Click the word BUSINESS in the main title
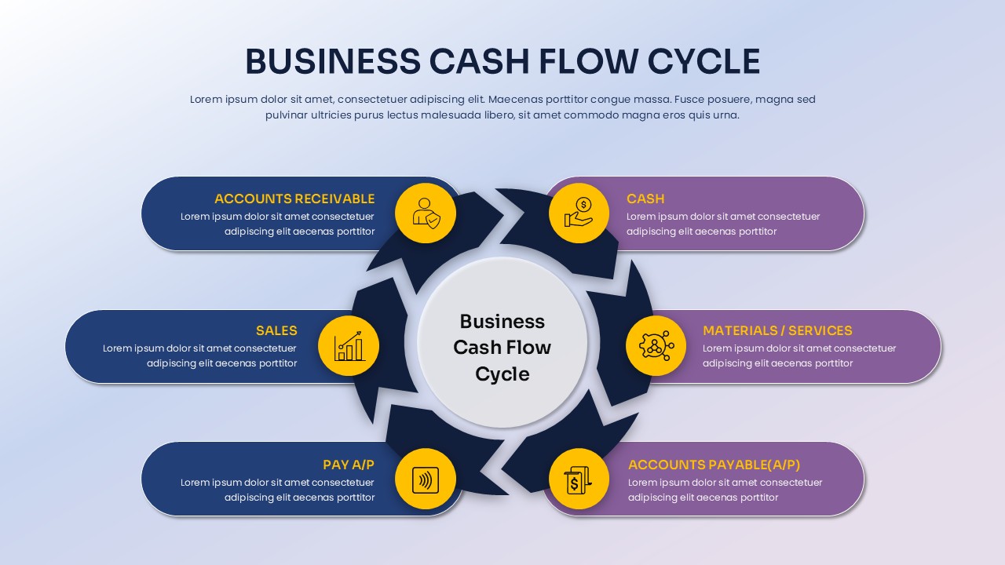point(332,62)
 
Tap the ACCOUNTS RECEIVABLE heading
point(294,199)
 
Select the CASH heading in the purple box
point(645,199)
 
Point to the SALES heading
point(276,330)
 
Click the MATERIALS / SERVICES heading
point(777,330)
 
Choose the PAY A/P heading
point(349,465)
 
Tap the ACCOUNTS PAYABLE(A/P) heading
point(714,465)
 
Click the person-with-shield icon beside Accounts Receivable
point(426,213)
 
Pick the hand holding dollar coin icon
point(579,213)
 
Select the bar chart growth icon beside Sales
point(349,346)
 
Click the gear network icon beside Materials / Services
point(656,346)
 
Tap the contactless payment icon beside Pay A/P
point(426,479)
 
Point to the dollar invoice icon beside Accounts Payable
point(579,479)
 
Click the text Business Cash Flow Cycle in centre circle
point(502,347)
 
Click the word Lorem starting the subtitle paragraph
point(206,100)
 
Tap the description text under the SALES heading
point(199,355)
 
